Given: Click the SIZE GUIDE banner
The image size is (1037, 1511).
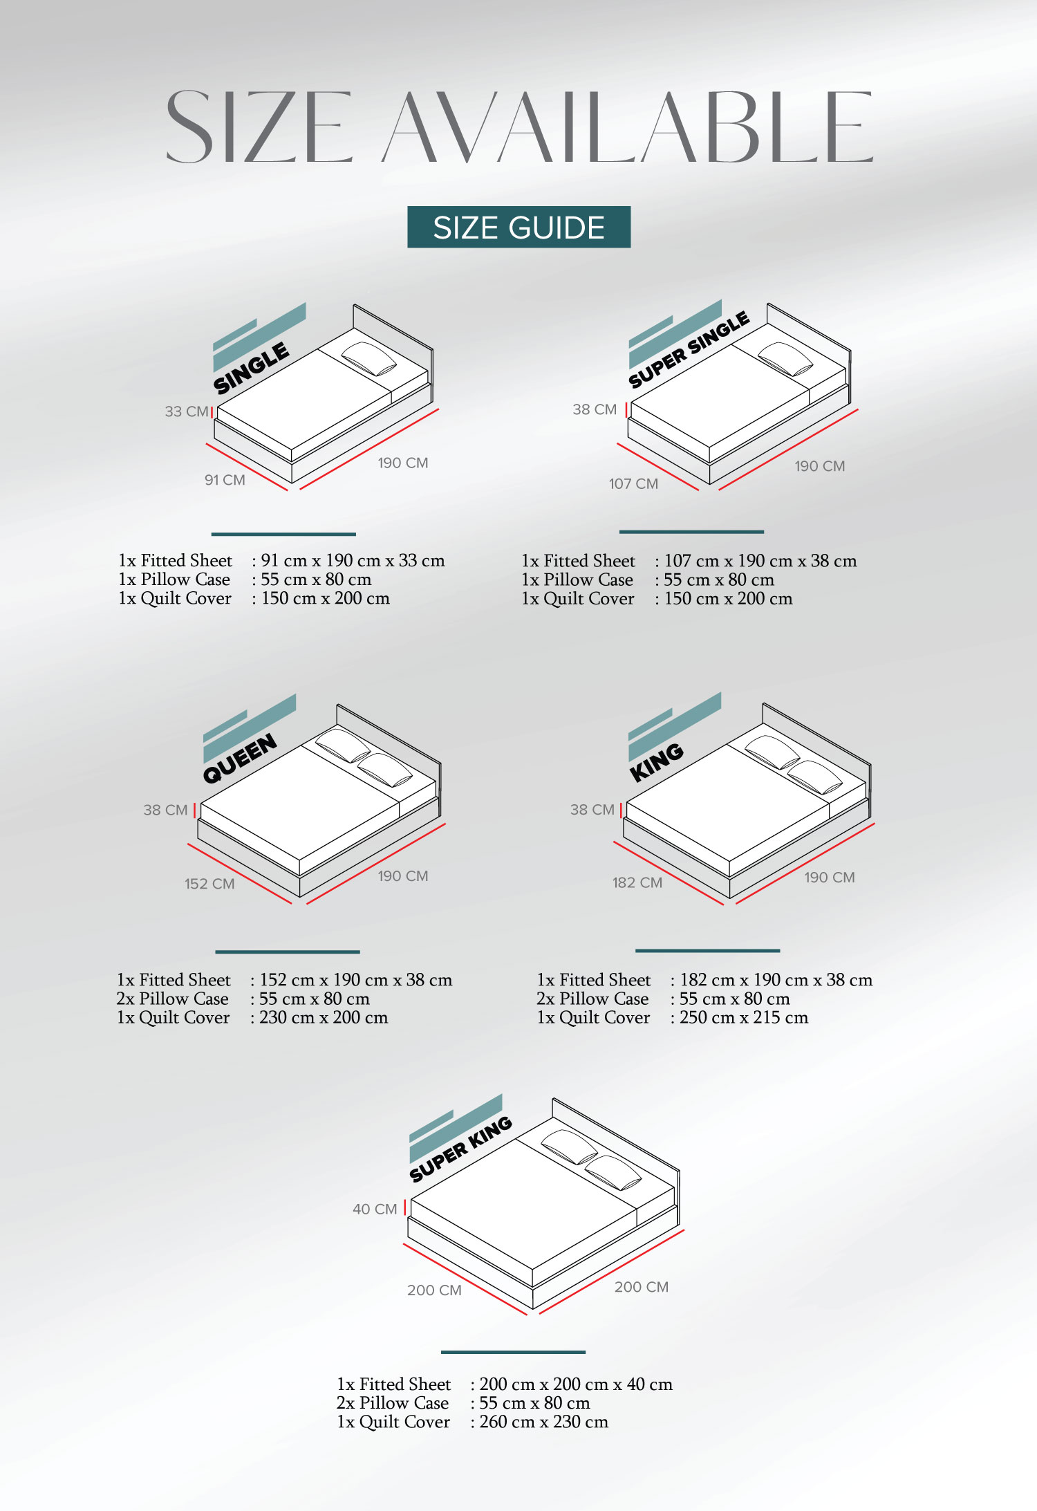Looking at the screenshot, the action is [518, 227].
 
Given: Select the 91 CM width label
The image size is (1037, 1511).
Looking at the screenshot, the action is [225, 480].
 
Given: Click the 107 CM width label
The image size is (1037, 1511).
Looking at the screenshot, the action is [633, 484].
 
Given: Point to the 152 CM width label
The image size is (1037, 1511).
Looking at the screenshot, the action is [209, 884].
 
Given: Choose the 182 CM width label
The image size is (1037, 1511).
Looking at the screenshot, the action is [637, 882].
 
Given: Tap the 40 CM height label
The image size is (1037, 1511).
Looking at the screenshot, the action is [375, 1209].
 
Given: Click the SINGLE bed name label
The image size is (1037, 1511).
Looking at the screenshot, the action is [252, 368].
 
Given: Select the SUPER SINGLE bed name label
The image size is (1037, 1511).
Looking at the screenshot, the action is [689, 349].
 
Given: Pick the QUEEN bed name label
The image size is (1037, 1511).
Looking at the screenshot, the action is [240, 758].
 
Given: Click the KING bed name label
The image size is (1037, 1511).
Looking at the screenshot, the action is [657, 762].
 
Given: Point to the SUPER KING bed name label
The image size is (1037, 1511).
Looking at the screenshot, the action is [460, 1149].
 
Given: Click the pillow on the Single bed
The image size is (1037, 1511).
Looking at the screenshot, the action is [369, 359].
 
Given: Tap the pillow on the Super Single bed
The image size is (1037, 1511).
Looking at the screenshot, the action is [785, 359].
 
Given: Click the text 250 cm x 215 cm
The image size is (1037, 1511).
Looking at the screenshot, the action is [744, 1017].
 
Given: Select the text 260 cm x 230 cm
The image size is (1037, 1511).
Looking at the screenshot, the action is [544, 1422].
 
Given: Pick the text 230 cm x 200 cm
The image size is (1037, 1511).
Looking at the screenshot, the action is [324, 1017].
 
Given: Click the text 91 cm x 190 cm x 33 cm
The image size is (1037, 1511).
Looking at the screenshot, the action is [353, 560].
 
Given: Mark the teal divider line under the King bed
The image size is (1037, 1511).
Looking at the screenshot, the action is [707, 951].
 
